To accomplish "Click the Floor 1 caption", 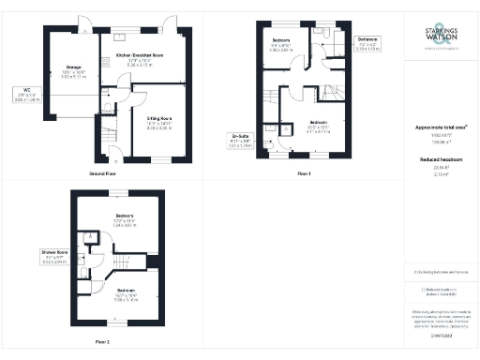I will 303,173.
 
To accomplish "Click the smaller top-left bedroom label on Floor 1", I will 281,43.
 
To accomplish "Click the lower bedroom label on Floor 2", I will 125,292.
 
